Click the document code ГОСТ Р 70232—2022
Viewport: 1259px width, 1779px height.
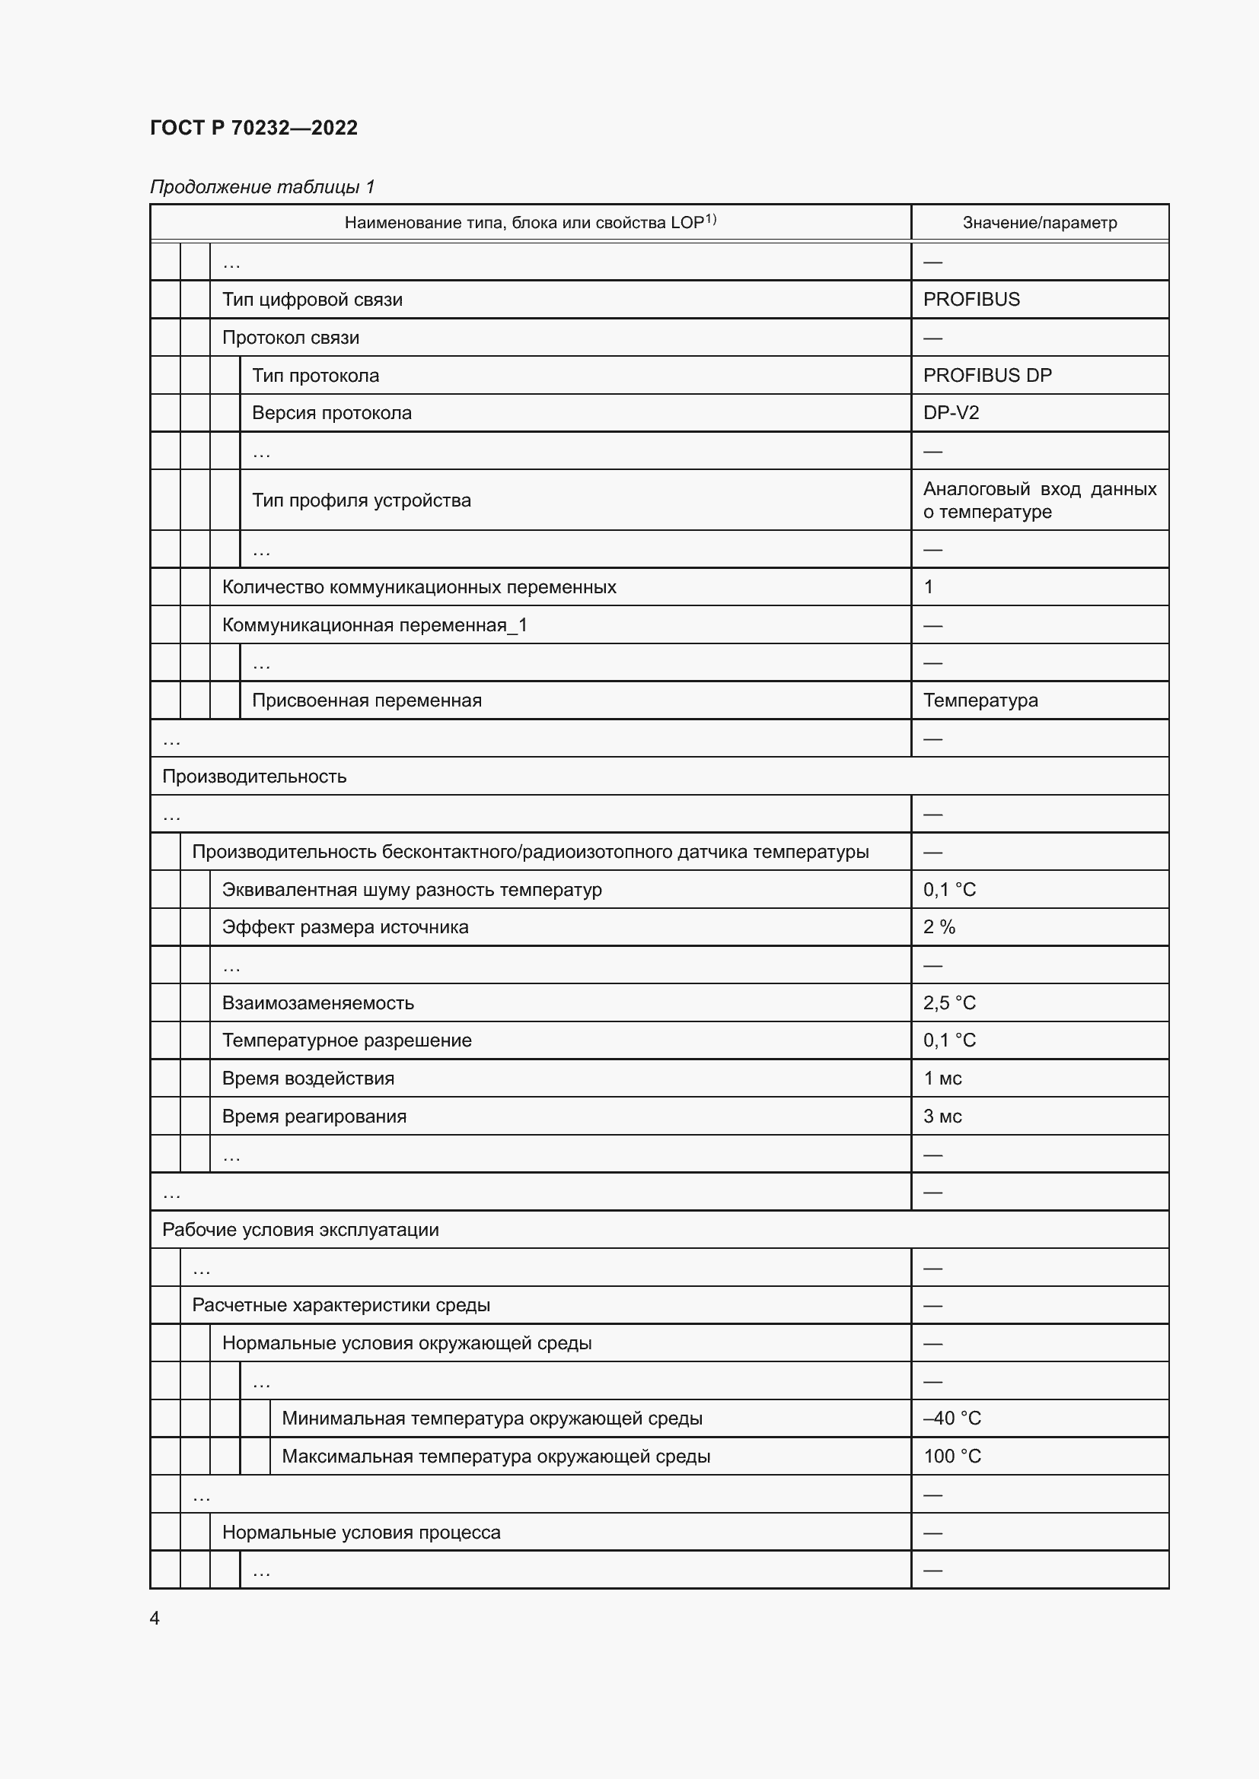click(x=253, y=128)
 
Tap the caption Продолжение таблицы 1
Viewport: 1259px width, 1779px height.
click(x=262, y=187)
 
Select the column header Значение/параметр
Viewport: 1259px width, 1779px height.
click(x=1039, y=223)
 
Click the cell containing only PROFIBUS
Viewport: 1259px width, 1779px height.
click(x=971, y=300)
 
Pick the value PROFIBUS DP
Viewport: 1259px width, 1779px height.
click(x=987, y=376)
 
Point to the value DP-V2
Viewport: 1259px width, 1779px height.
click(x=951, y=413)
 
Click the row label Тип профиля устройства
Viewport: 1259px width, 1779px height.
click(x=362, y=500)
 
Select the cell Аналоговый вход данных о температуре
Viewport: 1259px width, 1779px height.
click(x=1039, y=500)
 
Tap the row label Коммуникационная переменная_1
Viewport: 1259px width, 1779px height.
click(x=375, y=625)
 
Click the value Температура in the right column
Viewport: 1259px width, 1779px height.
click(x=980, y=700)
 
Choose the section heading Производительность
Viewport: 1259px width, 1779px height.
click(x=254, y=777)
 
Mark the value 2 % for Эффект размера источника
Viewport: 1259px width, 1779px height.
click(x=939, y=927)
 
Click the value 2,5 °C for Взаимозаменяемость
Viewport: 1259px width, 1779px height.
click(x=949, y=1003)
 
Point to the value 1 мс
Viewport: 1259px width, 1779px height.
click(x=942, y=1079)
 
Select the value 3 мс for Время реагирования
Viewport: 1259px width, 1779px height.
click(x=942, y=1117)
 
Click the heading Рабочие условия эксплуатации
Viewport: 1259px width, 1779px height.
click(x=300, y=1231)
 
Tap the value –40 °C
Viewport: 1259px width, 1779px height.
click(x=952, y=1418)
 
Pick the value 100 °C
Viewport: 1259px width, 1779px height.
click(x=952, y=1457)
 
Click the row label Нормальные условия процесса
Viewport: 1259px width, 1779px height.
click(x=362, y=1533)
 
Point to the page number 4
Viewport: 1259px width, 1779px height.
click(x=155, y=1619)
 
